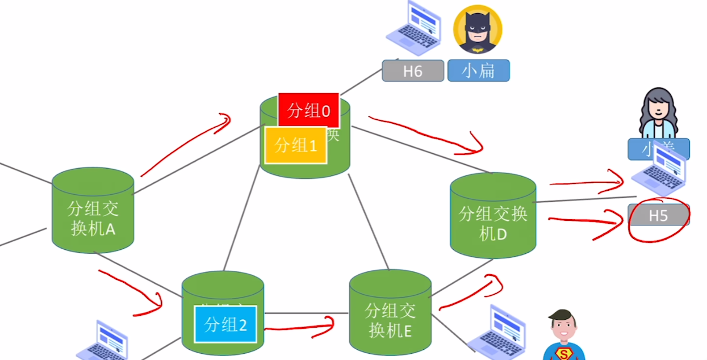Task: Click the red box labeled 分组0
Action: pos(309,111)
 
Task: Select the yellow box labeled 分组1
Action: pos(296,145)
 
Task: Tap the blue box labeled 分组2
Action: pos(225,324)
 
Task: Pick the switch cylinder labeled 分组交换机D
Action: pos(493,216)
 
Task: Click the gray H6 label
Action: pos(413,71)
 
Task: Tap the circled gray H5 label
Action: pos(658,216)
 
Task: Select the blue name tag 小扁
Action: pos(478,71)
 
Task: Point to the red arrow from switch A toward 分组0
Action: pos(185,145)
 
